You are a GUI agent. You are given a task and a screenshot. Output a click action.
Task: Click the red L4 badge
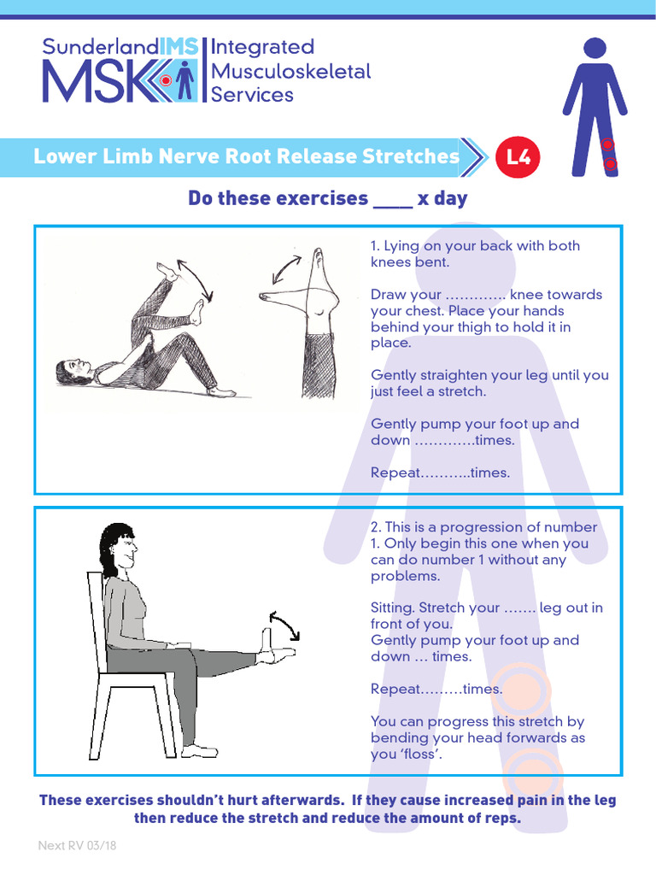point(518,157)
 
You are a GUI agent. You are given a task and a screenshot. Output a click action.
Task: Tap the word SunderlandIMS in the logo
point(120,47)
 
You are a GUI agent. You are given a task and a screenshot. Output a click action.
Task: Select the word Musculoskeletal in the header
point(291,71)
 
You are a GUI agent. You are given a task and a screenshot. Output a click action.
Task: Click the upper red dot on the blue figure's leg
point(607,144)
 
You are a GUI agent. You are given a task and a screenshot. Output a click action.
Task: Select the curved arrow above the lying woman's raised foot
point(195,275)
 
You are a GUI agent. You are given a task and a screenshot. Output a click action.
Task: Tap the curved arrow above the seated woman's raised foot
point(284,624)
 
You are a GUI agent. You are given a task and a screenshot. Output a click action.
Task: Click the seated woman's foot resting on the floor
point(199,750)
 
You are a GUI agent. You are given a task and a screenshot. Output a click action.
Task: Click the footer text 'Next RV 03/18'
point(76,846)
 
